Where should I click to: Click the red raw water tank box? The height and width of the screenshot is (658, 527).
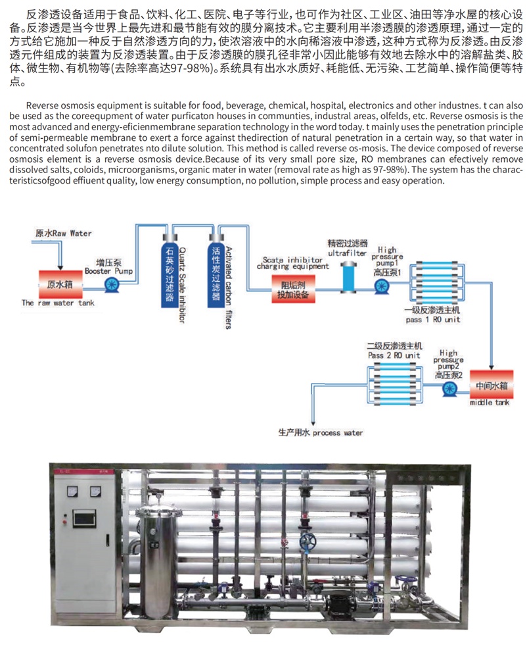click(x=60, y=284)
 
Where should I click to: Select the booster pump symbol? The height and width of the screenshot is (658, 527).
click(x=112, y=285)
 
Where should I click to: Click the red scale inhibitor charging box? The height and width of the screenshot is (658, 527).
click(x=293, y=290)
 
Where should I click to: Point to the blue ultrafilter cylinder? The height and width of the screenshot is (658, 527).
click(x=348, y=277)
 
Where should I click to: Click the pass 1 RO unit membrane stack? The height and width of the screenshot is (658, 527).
click(x=436, y=282)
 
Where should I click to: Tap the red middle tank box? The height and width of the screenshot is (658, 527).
click(x=492, y=384)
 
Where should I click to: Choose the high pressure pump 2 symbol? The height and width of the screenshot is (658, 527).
click(x=450, y=389)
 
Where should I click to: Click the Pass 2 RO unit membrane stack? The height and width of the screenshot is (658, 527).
click(x=395, y=384)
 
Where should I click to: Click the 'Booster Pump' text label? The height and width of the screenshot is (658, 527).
click(x=108, y=271)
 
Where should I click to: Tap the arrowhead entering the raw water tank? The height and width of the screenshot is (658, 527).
click(x=60, y=267)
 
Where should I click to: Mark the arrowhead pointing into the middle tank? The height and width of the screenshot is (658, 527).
click(x=492, y=367)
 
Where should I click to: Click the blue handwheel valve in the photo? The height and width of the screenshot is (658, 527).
click(x=308, y=543)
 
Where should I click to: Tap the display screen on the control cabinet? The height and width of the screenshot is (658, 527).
click(x=84, y=519)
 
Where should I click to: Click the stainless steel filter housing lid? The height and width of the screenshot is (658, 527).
click(x=158, y=510)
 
